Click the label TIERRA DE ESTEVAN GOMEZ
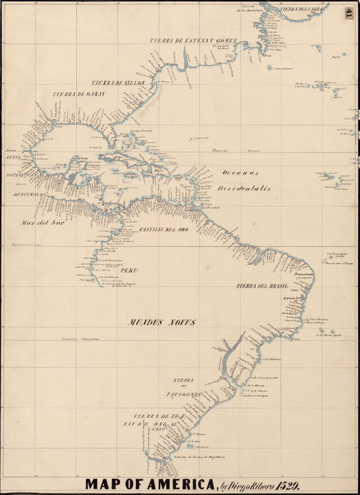click(x=193, y=41)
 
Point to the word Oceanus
click(x=240, y=172)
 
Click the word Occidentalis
click(x=245, y=188)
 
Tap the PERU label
click(x=129, y=270)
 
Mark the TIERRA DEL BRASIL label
click(x=263, y=286)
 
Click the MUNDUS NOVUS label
click(x=161, y=322)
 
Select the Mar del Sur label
click(x=36, y=222)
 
